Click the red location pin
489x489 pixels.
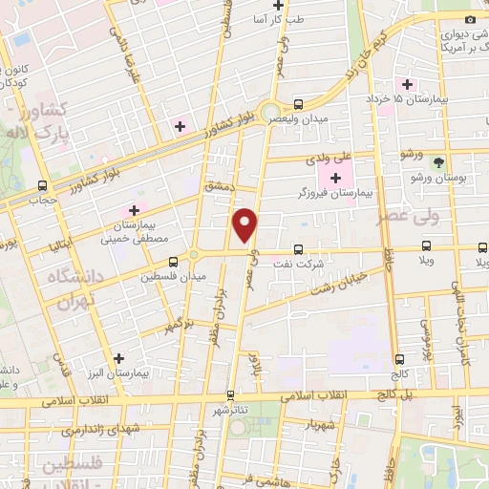(246, 224)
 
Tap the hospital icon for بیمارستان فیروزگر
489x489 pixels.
(335, 178)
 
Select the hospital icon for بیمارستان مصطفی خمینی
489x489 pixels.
(134, 210)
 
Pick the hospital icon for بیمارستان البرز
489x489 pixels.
(118, 358)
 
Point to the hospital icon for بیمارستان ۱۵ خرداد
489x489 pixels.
(408, 84)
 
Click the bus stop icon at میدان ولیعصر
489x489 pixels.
(298, 104)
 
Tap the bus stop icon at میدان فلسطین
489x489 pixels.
(173, 262)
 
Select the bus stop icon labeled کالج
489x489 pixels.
(398, 359)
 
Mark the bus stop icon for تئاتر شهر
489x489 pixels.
(230, 394)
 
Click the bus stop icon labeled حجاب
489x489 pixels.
(41, 185)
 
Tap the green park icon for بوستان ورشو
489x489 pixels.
(438, 162)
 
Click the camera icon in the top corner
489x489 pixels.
(469, 20)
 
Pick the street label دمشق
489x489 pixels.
(218, 189)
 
